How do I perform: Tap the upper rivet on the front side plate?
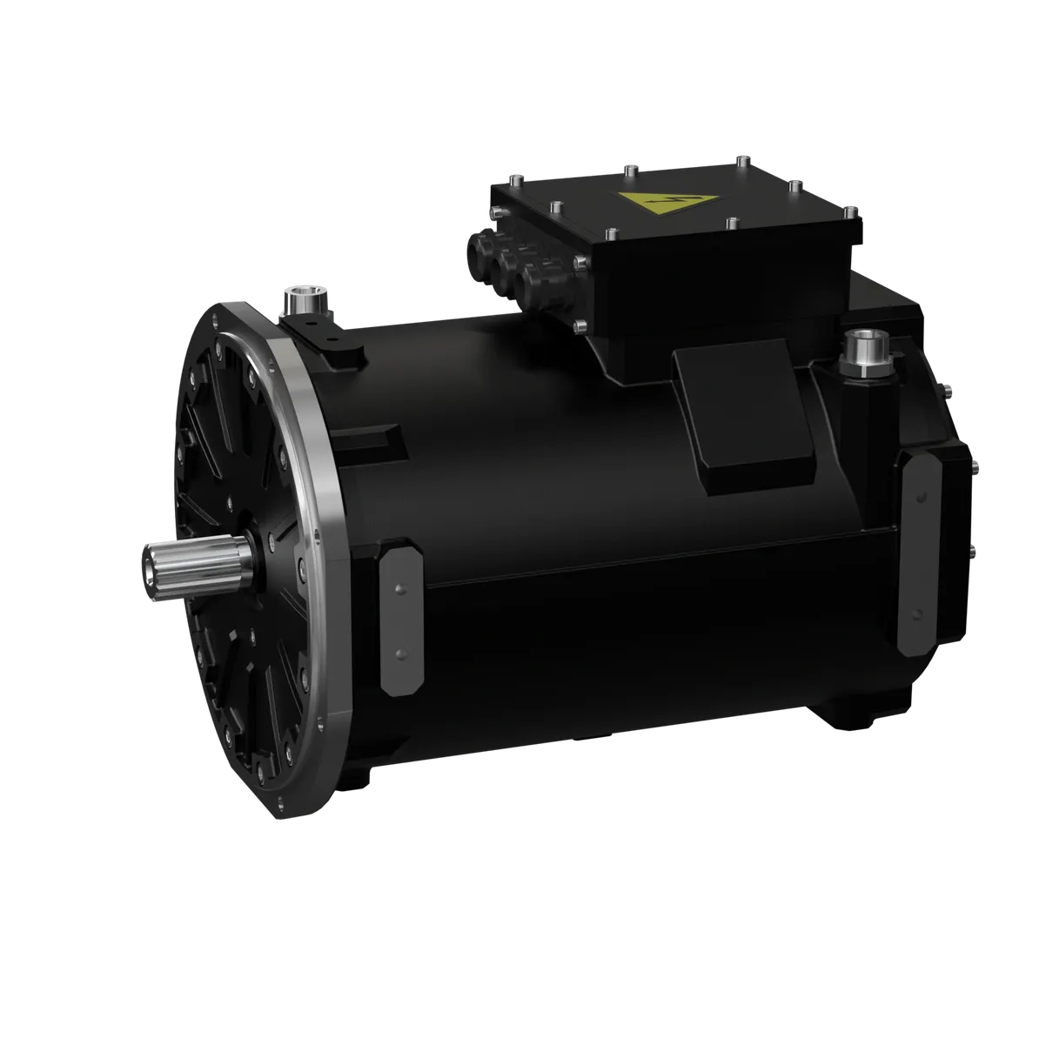399,590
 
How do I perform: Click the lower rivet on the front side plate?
399,652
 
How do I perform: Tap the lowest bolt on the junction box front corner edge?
580,326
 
